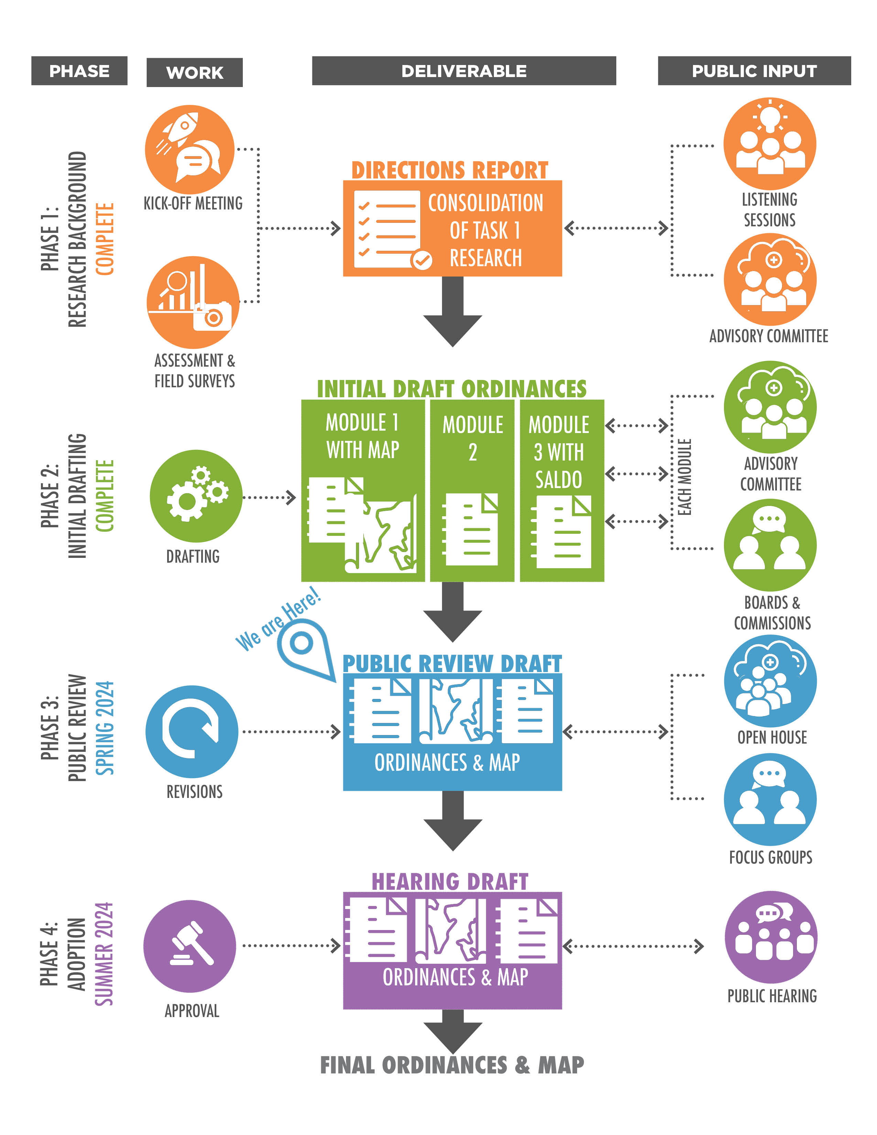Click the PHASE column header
click(x=79, y=71)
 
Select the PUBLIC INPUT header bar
click(x=754, y=71)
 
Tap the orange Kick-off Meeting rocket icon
click(x=190, y=150)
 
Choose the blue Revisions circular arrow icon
click(x=192, y=731)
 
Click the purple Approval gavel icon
click(x=190, y=946)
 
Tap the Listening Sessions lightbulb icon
click(x=769, y=143)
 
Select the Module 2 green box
click(x=472, y=490)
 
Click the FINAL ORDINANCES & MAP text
click(x=452, y=1065)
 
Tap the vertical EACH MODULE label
click(x=685, y=477)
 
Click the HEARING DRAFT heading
click(x=450, y=882)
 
